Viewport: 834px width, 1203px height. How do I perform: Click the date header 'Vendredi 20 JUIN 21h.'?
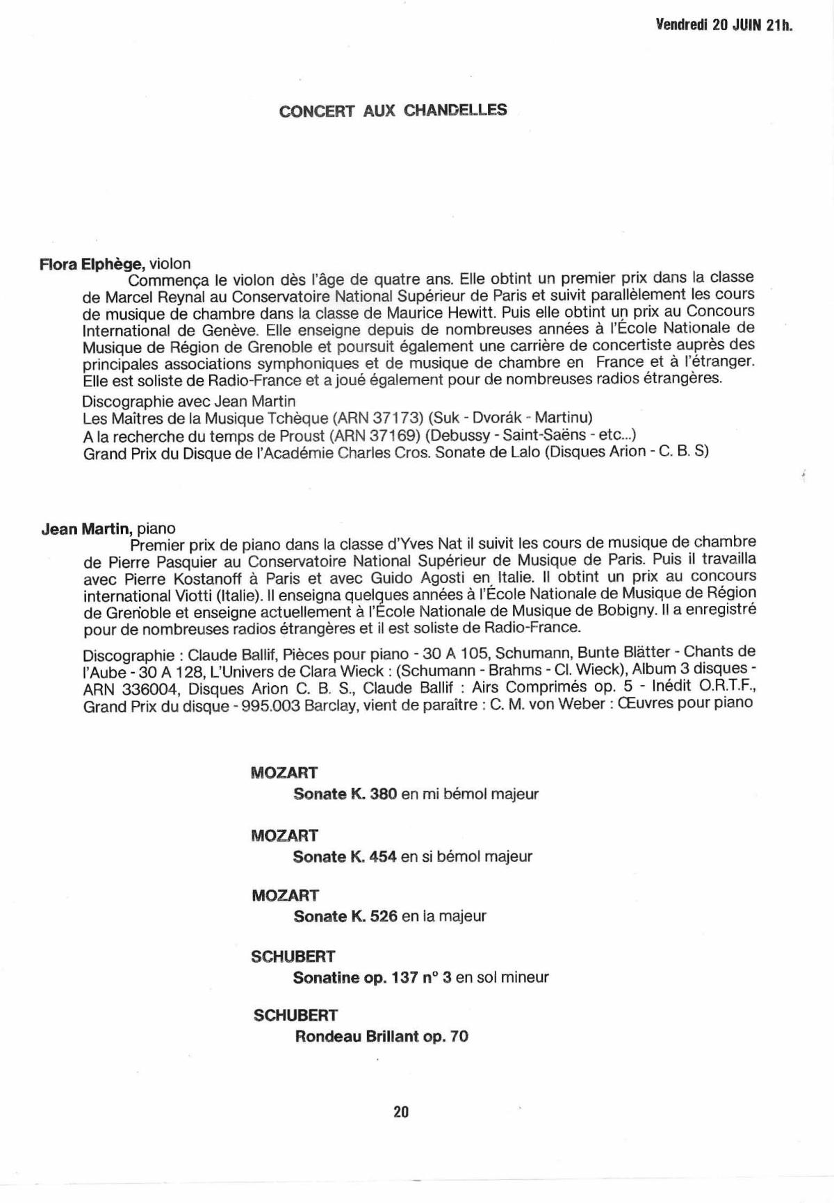pyautogui.click(x=723, y=26)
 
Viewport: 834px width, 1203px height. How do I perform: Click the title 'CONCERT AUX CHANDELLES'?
pyautogui.click(x=393, y=111)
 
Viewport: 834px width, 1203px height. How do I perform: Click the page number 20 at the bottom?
pyautogui.click(x=401, y=1111)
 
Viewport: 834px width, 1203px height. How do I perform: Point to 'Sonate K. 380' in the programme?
pyautogui.click(x=345, y=794)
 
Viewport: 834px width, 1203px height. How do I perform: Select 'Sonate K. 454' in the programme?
pyautogui.click(x=344, y=856)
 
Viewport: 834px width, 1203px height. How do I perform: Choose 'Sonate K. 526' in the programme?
pyautogui.click(x=345, y=916)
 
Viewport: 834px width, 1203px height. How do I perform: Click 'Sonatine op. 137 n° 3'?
pyautogui.click(x=372, y=977)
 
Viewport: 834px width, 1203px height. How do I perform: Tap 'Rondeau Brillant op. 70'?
pyautogui.click(x=382, y=1036)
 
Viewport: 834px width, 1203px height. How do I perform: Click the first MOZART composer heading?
pyautogui.click(x=284, y=773)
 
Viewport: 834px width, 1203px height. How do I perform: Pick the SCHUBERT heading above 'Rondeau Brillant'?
pyautogui.click(x=295, y=1015)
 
